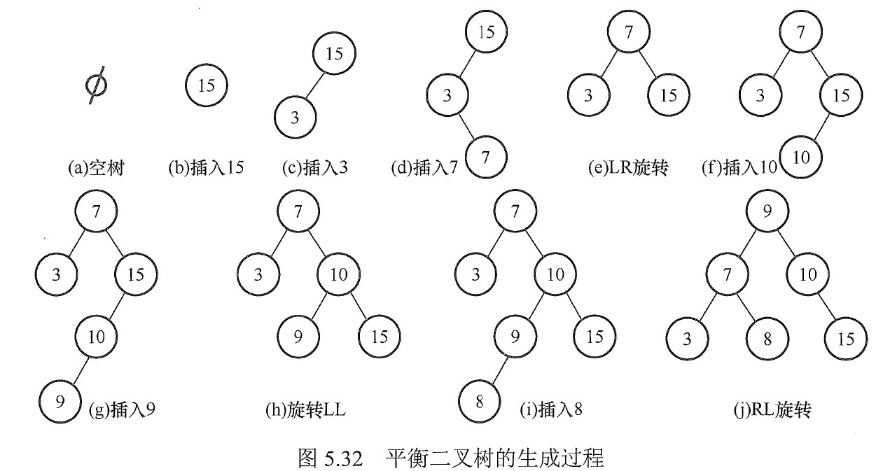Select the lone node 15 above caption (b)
point(206,85)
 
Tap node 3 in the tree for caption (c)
point(295,118)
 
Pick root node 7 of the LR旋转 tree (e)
point(628,31)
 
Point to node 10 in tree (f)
point(802,157)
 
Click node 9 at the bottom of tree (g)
point(60,402)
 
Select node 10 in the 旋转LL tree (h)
point(339,274)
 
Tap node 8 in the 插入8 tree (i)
point(480,402)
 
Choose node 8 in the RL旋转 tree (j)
point(767,339)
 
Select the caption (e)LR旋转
point(628,168)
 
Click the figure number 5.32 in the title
point(340,459)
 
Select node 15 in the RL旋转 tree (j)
point(846,339)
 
